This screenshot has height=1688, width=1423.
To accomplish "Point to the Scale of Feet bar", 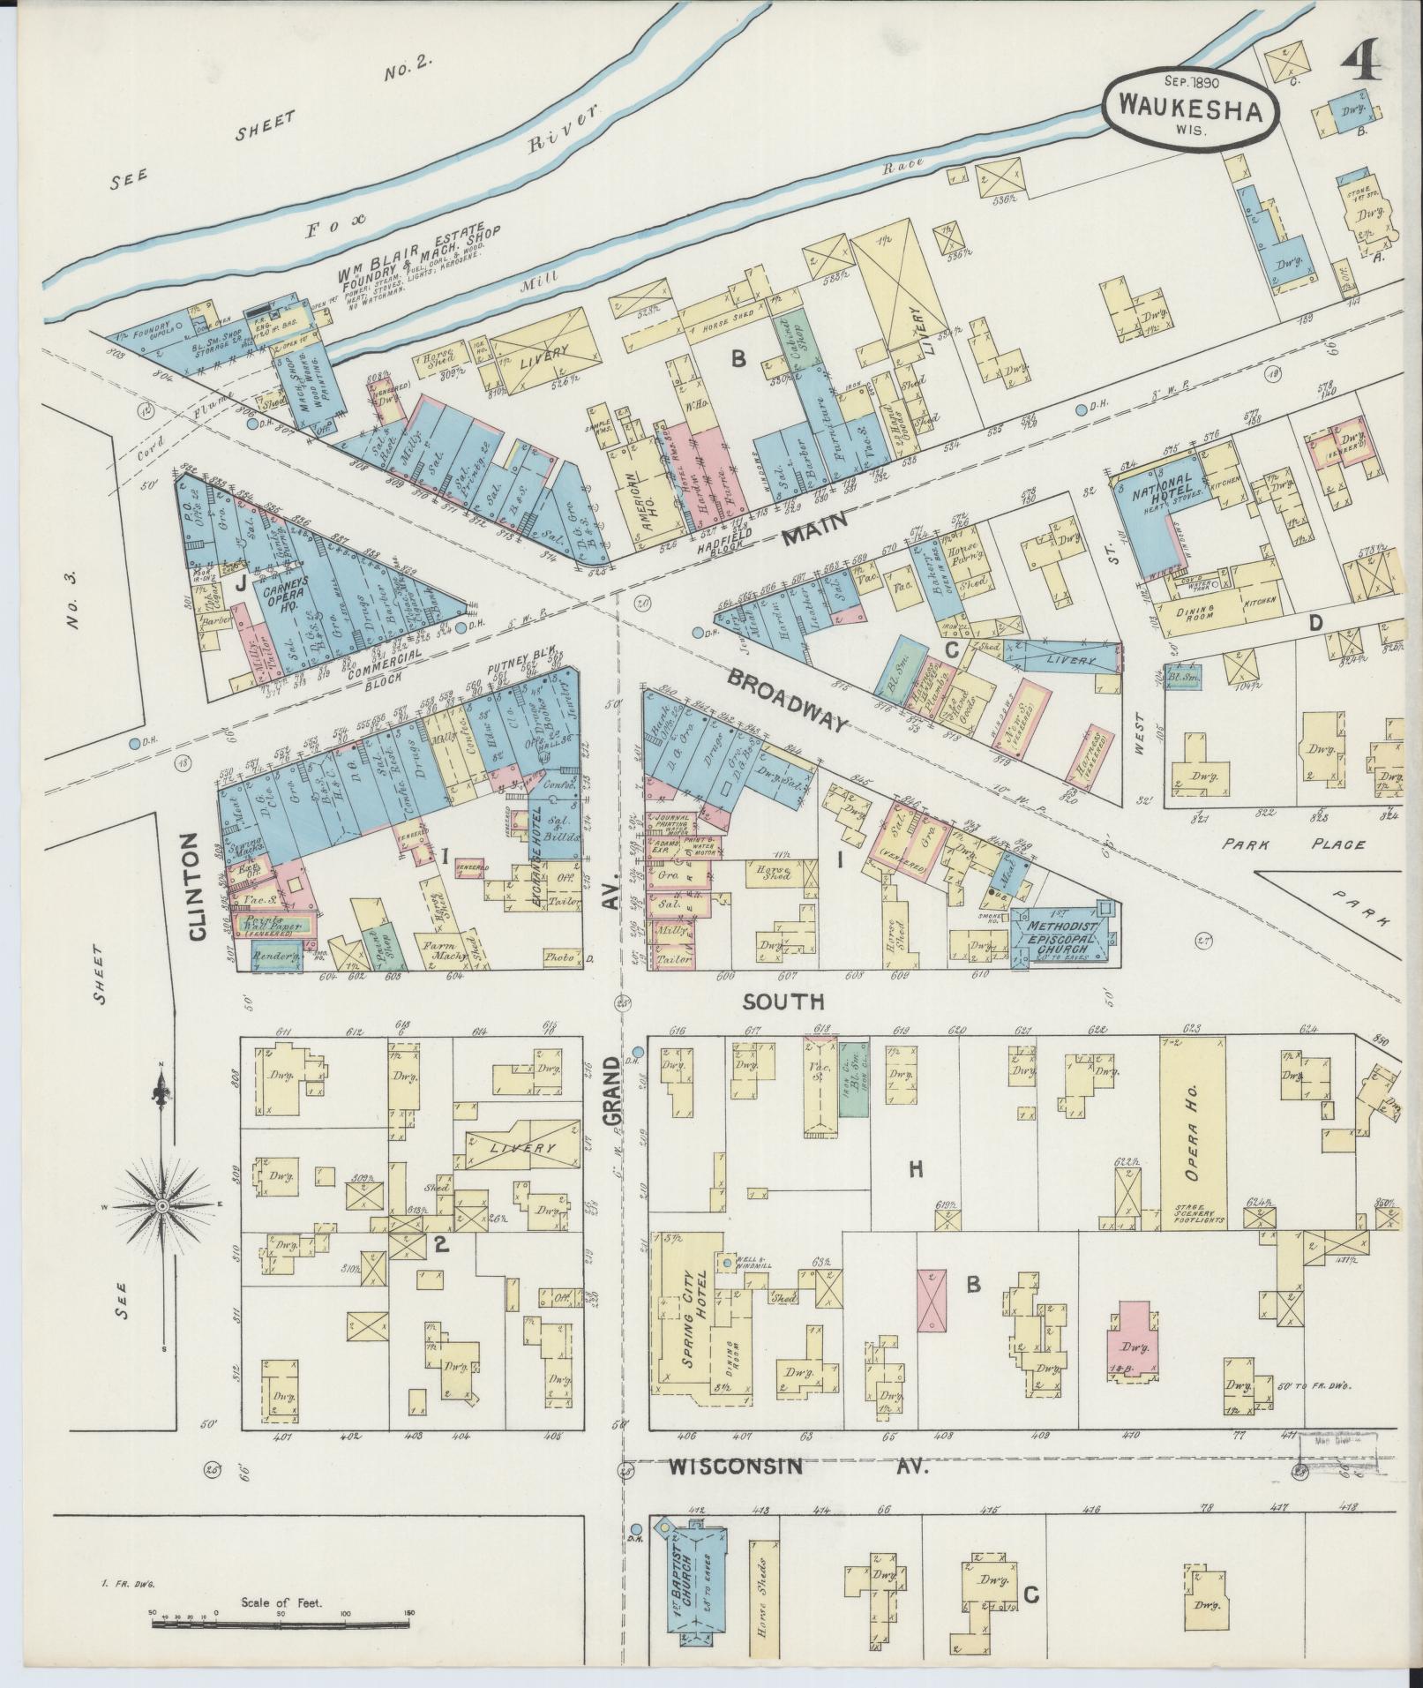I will point(281,1614).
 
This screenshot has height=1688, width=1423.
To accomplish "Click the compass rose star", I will point(163,1205).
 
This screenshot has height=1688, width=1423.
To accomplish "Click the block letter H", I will point(916,1169).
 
